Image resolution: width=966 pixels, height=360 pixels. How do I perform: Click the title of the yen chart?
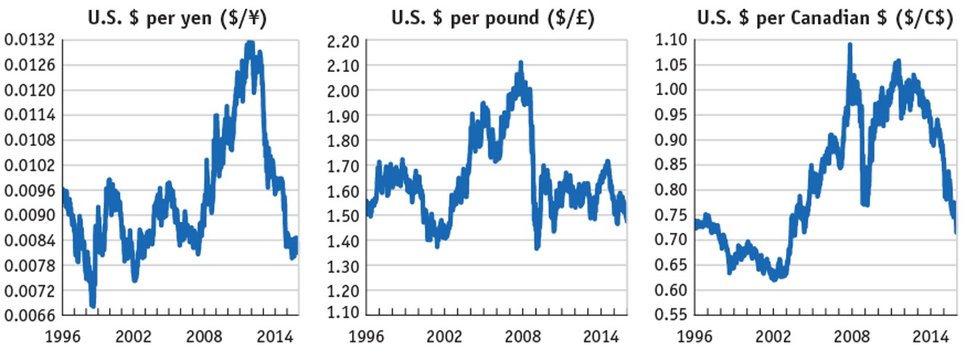point(178,17)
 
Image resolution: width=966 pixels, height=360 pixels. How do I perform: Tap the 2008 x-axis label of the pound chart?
point(524,338)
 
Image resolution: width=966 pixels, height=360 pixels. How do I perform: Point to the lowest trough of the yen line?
point(93,305)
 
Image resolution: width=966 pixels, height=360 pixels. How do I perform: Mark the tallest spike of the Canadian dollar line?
point(850,46)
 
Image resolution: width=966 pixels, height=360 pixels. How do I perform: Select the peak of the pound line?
point(520,65)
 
